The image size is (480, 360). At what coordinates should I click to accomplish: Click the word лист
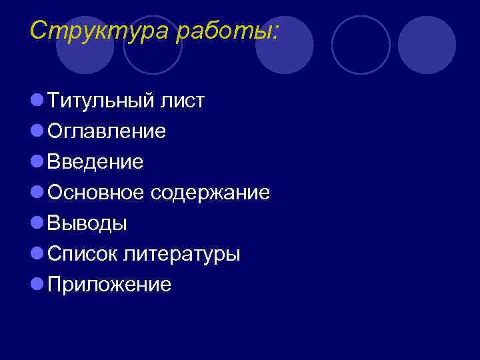[181, 101]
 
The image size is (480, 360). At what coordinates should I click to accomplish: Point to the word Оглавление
[107, 131]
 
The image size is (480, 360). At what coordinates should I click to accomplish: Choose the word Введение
[95, 162]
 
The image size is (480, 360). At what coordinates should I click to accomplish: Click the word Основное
[96, 193]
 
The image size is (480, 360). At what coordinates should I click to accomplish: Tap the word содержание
[210, 193]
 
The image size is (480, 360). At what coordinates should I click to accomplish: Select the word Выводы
[87, 223]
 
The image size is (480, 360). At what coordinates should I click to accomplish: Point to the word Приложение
[109, 285]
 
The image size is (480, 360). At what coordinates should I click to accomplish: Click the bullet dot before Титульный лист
[37, 101]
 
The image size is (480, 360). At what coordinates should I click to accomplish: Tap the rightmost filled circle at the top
[427, 45]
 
